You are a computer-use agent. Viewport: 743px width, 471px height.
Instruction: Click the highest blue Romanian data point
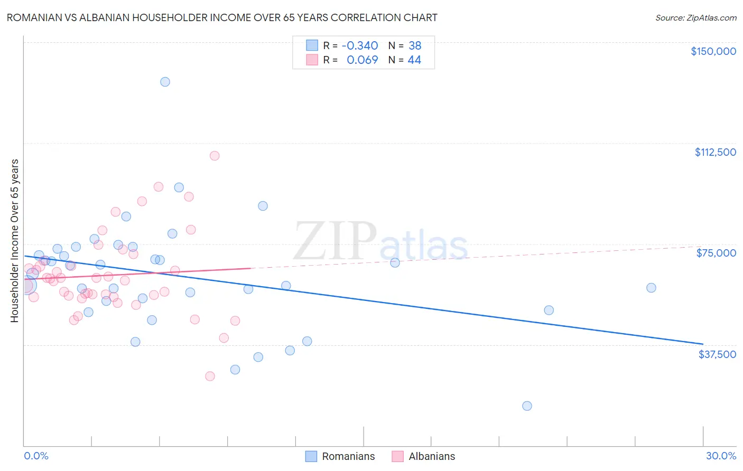pos(165,82)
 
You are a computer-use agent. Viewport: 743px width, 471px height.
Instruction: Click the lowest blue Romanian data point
pos(527,406)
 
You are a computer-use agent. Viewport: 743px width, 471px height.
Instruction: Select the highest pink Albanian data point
pos(215,156)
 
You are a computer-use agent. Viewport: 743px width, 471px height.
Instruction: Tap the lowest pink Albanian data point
pos(210,376)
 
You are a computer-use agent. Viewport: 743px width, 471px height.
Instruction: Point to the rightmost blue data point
pos(651,288)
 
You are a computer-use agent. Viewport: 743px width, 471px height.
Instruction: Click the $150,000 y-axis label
pos(713,51)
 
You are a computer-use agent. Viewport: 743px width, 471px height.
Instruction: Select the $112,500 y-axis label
pos(715,152)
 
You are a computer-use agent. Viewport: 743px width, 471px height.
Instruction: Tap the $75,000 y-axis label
pos(716,253)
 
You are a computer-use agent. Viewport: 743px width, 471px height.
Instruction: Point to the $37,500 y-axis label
pos(717,354)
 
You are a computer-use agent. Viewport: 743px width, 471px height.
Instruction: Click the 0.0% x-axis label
pos(36,456)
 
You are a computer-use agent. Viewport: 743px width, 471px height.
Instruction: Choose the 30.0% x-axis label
pos(721,456)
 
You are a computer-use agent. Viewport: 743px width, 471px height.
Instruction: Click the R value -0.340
pos(360,45)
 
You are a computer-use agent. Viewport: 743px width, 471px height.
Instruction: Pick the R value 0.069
pos(362,60)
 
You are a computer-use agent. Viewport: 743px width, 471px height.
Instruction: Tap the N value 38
pos(415,45)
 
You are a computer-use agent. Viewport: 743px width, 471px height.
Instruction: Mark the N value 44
pos(414,60)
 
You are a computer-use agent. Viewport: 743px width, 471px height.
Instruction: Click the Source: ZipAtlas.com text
pos(695,18)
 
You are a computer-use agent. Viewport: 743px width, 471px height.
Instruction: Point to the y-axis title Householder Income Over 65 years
pos(15,240)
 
